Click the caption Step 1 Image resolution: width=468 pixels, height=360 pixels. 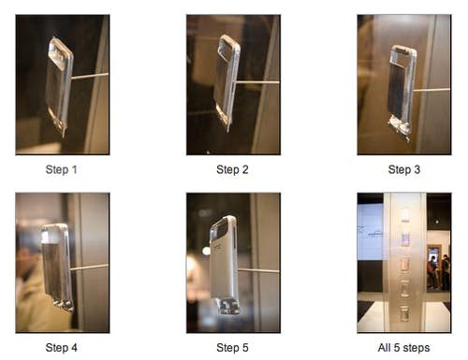pos(61,169)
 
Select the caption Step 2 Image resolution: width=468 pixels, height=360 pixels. pos(232,169)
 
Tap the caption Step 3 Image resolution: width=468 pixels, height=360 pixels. pos(404,169)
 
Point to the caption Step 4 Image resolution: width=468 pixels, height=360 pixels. pos(61,348)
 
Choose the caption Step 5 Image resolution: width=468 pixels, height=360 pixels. pos(232,348)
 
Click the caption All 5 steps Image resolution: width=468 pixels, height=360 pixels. pos(403,348)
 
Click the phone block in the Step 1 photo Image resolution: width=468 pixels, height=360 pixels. pos(60,86)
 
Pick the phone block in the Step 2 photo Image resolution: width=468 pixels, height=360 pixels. pos(227,81)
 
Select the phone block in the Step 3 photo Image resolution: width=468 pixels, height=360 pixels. pos(402,92)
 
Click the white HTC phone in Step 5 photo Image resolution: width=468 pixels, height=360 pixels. pos(224,264)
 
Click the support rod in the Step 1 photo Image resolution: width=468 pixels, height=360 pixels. pos(91,76)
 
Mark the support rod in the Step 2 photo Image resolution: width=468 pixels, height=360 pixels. pos(257,82)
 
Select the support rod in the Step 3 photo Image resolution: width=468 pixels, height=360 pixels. pos(432,91)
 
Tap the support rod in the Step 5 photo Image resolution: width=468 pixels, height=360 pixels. pos(258,270)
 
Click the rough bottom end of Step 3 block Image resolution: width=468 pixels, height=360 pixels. pos(400,128)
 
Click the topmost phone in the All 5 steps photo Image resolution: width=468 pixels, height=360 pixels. pos(405,215)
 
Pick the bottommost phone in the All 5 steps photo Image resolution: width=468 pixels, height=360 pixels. pos(404,313)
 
